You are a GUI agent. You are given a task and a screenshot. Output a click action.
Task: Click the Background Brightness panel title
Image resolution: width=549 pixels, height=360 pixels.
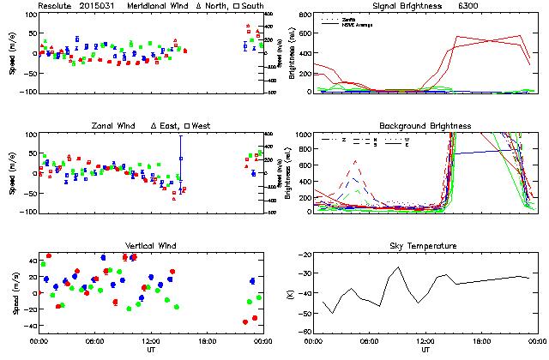point(425,126)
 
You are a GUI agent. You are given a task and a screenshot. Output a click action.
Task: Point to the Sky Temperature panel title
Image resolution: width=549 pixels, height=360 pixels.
point(425,246)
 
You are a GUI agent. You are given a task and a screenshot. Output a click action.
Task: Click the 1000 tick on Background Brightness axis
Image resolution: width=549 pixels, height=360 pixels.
point(304,135)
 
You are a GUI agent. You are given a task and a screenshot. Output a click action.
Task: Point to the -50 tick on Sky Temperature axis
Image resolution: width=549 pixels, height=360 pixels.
point(306,315)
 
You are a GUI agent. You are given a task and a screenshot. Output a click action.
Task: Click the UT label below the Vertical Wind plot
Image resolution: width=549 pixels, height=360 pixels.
point(150,350)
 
